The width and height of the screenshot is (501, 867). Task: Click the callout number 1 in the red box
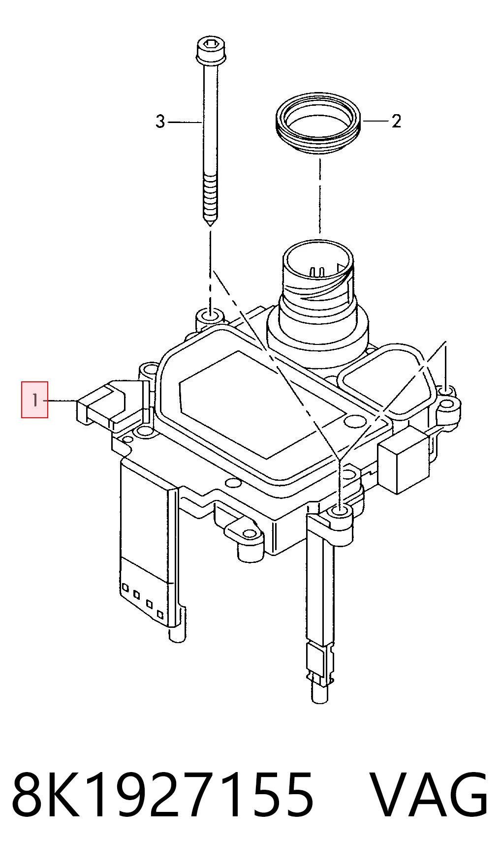pyautogui.click(x=34, y=400)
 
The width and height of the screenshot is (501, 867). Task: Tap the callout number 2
pyautogui.click(x=397, y=121)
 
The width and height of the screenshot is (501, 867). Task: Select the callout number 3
pyautogui.click(x=160, y=121)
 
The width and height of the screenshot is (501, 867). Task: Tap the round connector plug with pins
pyautogui.click(x=318, y=276)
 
